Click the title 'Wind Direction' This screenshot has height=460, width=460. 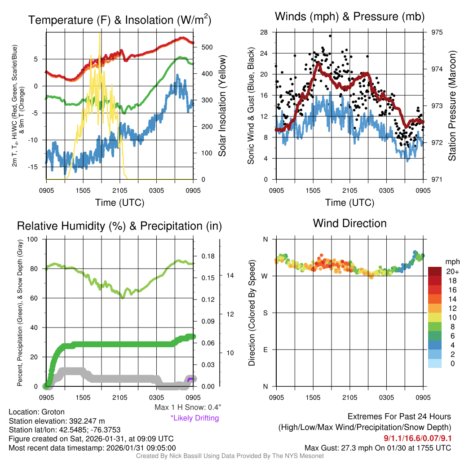point(349,223)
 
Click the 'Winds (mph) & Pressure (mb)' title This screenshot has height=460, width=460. point(349,17)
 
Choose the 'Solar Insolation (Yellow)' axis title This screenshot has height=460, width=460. point(222,106)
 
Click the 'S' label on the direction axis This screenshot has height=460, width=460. point(265,313)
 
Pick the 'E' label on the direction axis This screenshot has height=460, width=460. point(265,349)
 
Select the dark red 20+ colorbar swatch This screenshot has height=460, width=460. point(436,271)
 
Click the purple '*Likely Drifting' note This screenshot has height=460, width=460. point(195,418)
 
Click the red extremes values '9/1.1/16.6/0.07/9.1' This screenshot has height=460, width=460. point(417,438)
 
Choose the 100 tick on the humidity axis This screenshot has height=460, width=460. point(34,239)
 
